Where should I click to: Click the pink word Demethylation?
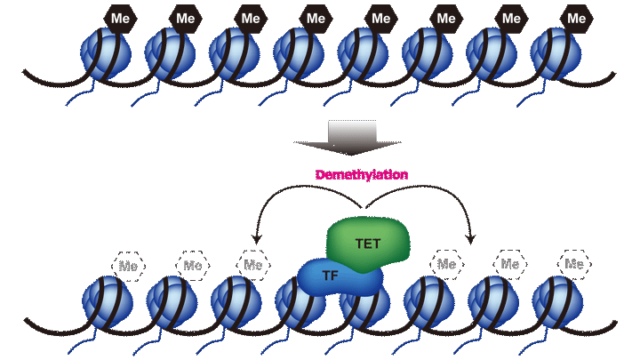click(x=362, y=175)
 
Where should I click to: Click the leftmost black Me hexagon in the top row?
click(x=120, y=18)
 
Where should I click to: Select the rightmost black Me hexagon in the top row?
click(x=578, y=18)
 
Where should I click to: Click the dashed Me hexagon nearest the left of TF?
click(x=253, y=264)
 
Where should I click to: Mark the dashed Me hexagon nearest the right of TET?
click(x=445, y=264)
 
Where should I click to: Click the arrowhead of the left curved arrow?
click(x=256, y=238)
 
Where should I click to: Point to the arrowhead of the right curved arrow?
click(x=470, y=238)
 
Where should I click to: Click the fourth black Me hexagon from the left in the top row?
click(x=316, y=18)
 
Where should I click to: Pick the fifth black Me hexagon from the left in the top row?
click(x=380, y=18)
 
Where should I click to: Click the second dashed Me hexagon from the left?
click(x=192, y=264)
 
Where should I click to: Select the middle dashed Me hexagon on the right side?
click(x=509, y=264)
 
